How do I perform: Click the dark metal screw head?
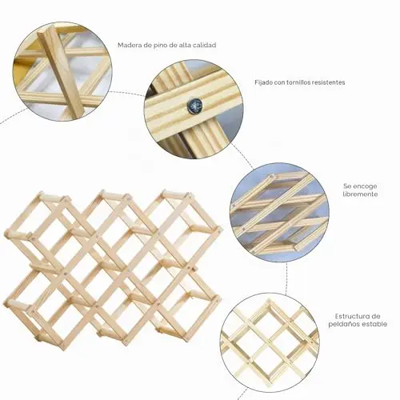coord(194,106)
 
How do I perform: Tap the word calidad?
coord(205,45)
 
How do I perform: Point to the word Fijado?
coord(264,82)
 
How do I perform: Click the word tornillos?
coord(298,82)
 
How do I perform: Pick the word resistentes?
coord(328,82)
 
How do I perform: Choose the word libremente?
coord(360,194)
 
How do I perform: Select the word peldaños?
coord(343,325)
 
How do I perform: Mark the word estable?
coord(374,324)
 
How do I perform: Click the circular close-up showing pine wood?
coord(62,71)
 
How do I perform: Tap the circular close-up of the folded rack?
coord(279,212)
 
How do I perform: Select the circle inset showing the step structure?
coord(270,342)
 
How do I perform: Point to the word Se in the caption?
coord(347,186)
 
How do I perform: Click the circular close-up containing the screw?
coord(194,109)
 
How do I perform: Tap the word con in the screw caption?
coord(279,83)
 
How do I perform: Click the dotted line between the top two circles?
coord(128,93)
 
